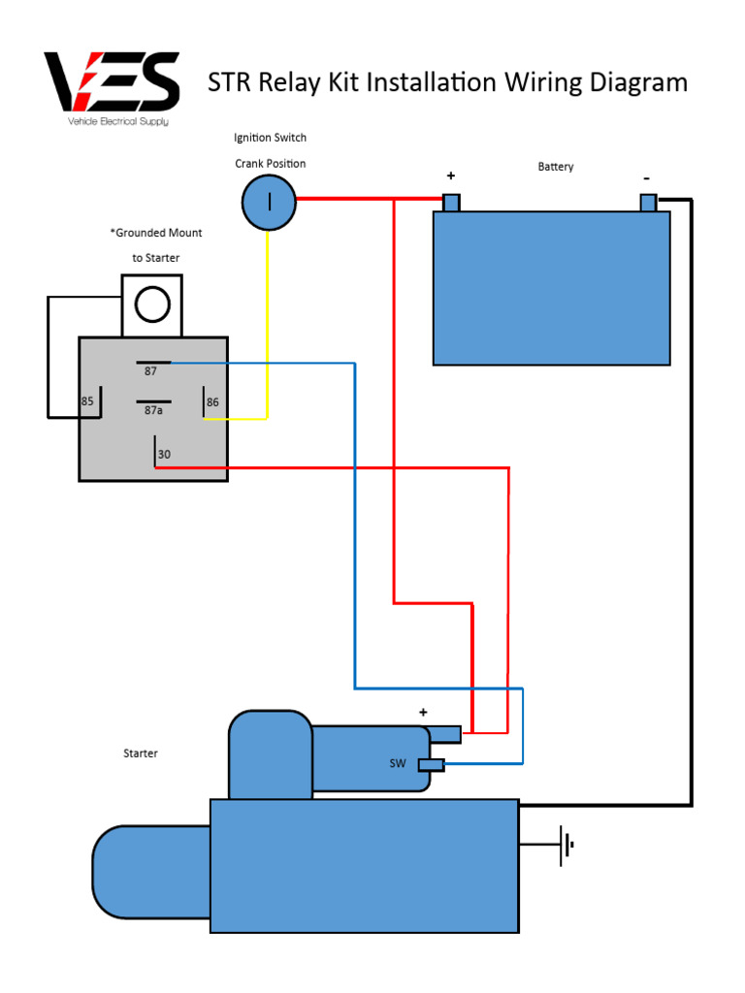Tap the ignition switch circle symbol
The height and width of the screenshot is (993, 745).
(269, 203)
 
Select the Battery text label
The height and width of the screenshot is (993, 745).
(556, 167)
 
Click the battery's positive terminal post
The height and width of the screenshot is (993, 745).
(450, 203)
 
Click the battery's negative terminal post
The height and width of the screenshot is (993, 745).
(648, 203)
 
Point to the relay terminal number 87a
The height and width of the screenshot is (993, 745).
(153, 410)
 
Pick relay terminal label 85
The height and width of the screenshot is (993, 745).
(87, 401)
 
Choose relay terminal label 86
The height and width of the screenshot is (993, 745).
(213, 401)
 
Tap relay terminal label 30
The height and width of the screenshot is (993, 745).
(164, 454)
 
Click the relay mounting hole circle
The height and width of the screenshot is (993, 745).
(152, 304)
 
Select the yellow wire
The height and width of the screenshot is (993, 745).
(267, 320)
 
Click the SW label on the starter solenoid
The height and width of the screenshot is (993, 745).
(398, 763)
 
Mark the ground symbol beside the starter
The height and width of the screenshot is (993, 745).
(565, 845)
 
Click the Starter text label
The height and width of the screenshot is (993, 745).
(141, 753)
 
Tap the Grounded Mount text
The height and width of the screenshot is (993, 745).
(156, 233)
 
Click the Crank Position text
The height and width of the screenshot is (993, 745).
(271, 163)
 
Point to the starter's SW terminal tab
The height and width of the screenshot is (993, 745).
(432, 765)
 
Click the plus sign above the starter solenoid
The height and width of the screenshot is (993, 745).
(423, 713)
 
